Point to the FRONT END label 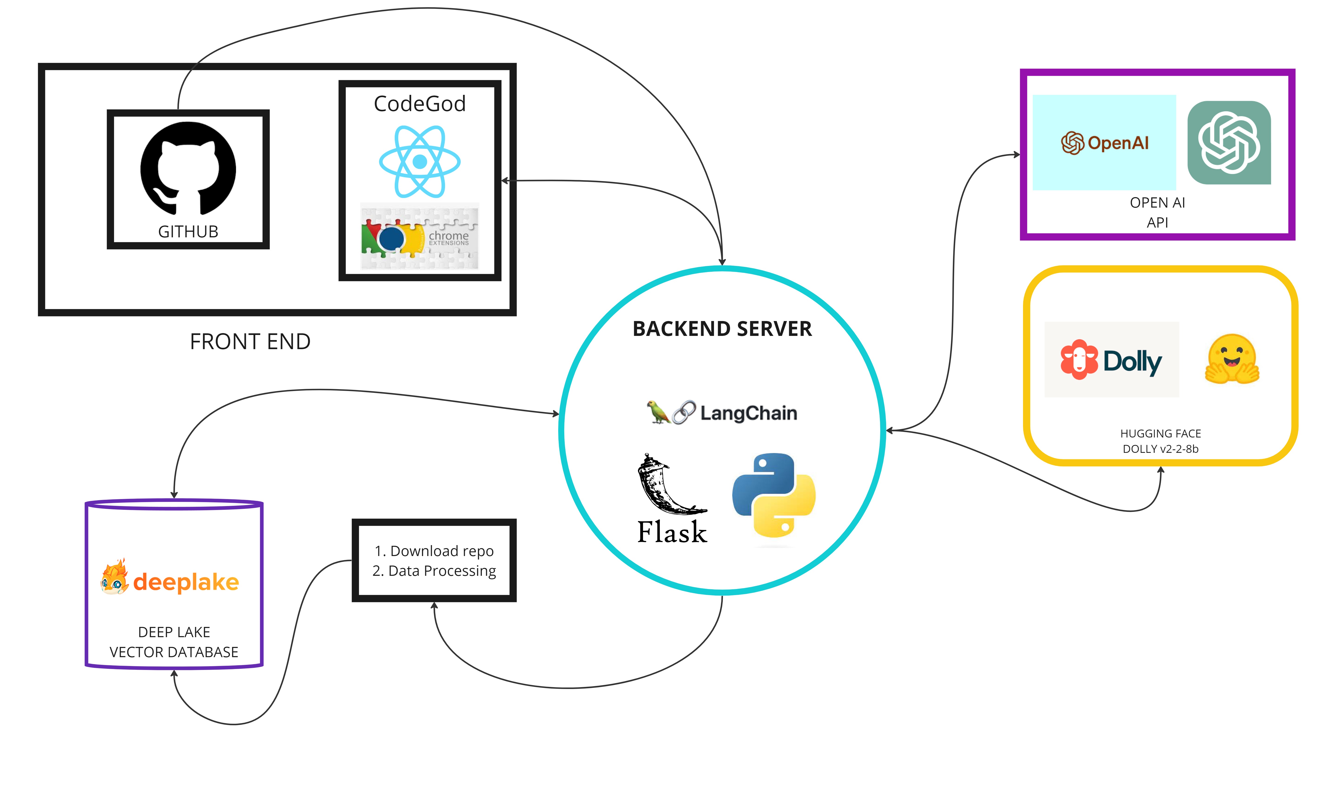tap(250, 342)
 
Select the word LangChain tap(748, 413)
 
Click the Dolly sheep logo tap(1079, 360)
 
